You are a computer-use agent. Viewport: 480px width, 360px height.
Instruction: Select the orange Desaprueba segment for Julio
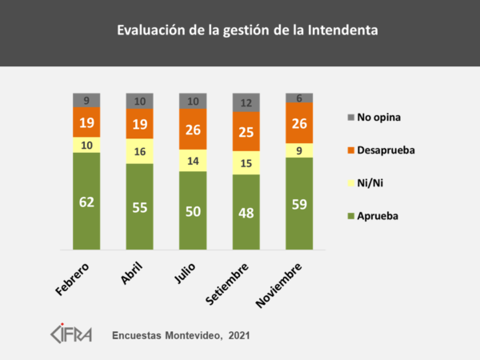pos(193,128)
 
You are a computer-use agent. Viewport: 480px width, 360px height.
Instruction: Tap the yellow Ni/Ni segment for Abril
pos(139,150)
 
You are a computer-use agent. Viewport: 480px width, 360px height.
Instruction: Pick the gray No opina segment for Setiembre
pos(246,102)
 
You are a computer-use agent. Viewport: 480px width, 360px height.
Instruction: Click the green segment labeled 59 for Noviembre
pos(299,202)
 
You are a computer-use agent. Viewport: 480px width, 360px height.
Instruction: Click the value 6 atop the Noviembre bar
pos(299,97)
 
